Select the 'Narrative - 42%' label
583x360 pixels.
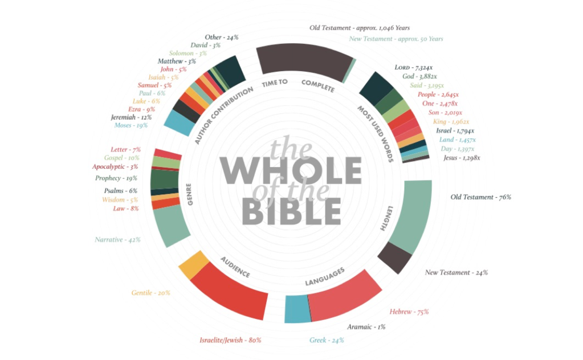(117, 240)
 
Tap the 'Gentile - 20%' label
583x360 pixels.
(150, 293)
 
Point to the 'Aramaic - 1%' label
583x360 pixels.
(366, 327)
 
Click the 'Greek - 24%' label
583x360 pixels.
(327, 341)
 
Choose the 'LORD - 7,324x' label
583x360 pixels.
(415, 68)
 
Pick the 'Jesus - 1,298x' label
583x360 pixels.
(461, 157)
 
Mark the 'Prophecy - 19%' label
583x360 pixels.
(116, 178)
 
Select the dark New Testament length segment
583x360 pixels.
(394, 256)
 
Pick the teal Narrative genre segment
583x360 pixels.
(171, 226)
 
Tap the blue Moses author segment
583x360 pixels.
(179, 122)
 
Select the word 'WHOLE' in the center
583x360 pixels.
(291, 170)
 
